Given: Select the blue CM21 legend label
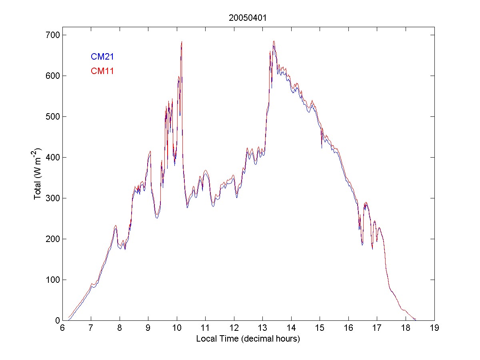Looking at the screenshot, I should pyautogui.click(x=102, y=56).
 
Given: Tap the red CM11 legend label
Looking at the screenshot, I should pyautogui.click(x=102, y=71).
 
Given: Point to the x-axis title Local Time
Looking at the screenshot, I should pyautogui.click(x=248, y=339).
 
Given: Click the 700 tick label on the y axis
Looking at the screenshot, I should pyautogui.click(x=51, y=35).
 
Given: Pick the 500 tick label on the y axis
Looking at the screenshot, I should pyautogui.click(x=51, y=117).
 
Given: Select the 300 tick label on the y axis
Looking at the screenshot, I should pyautogui.click(x=51, y=198).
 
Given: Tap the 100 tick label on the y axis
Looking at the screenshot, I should pyautogui.click(x=51, y=280).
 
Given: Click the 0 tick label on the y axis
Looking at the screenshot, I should pyautogui.click(x=56, y=321).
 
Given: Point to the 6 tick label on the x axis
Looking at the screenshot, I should pyautogui.click(x=62, y=328).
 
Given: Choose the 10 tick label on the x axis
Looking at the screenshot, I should pyautogui.click(x=177, y=328).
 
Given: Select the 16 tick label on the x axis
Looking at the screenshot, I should pyautogui.click(x=348, y=328).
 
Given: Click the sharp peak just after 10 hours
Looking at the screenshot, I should pyautogui.click(x=182, y=42).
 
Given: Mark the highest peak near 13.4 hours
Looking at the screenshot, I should pyautogui.click(x=274, y=41).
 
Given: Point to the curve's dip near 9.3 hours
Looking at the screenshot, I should pyautogui.click(x=157, y=217).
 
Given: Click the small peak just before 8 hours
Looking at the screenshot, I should pyautogui.click(x=115, y=226).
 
